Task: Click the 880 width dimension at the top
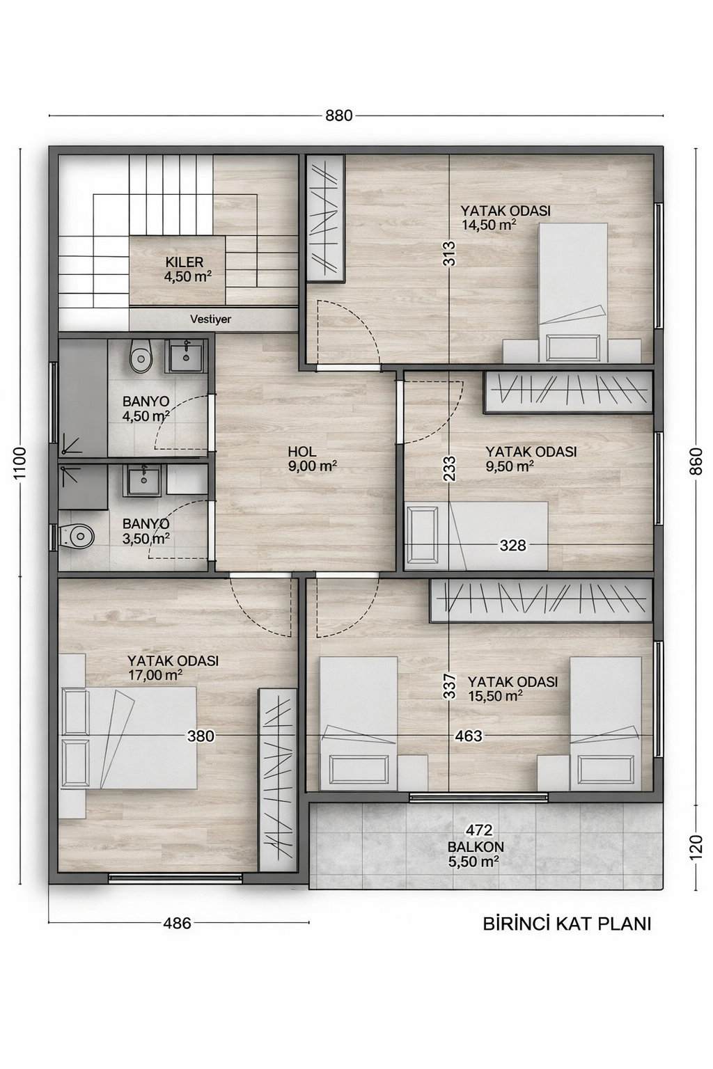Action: (339, 116)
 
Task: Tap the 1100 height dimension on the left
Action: (20, 462)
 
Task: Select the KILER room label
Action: (185, 262)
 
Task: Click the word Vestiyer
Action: (210, 319)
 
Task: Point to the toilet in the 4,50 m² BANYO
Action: (141, 358)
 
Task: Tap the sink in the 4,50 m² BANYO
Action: (186, 356)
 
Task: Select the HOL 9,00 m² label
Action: (312, 459)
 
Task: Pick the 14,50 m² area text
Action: (489, 225)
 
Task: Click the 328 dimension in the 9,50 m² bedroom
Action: (512, 546)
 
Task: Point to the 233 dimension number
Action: (449, 469)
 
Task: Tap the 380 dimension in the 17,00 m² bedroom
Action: (201, 736)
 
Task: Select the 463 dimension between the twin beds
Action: (469, 736)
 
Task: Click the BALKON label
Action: (476, 847)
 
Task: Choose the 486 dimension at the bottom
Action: (177, 924)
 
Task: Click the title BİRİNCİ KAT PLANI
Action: (567, 924)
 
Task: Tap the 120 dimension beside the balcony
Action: (696, 846)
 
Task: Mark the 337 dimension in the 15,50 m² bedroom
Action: (450, 686)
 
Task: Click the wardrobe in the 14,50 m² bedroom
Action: (326, 219)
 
